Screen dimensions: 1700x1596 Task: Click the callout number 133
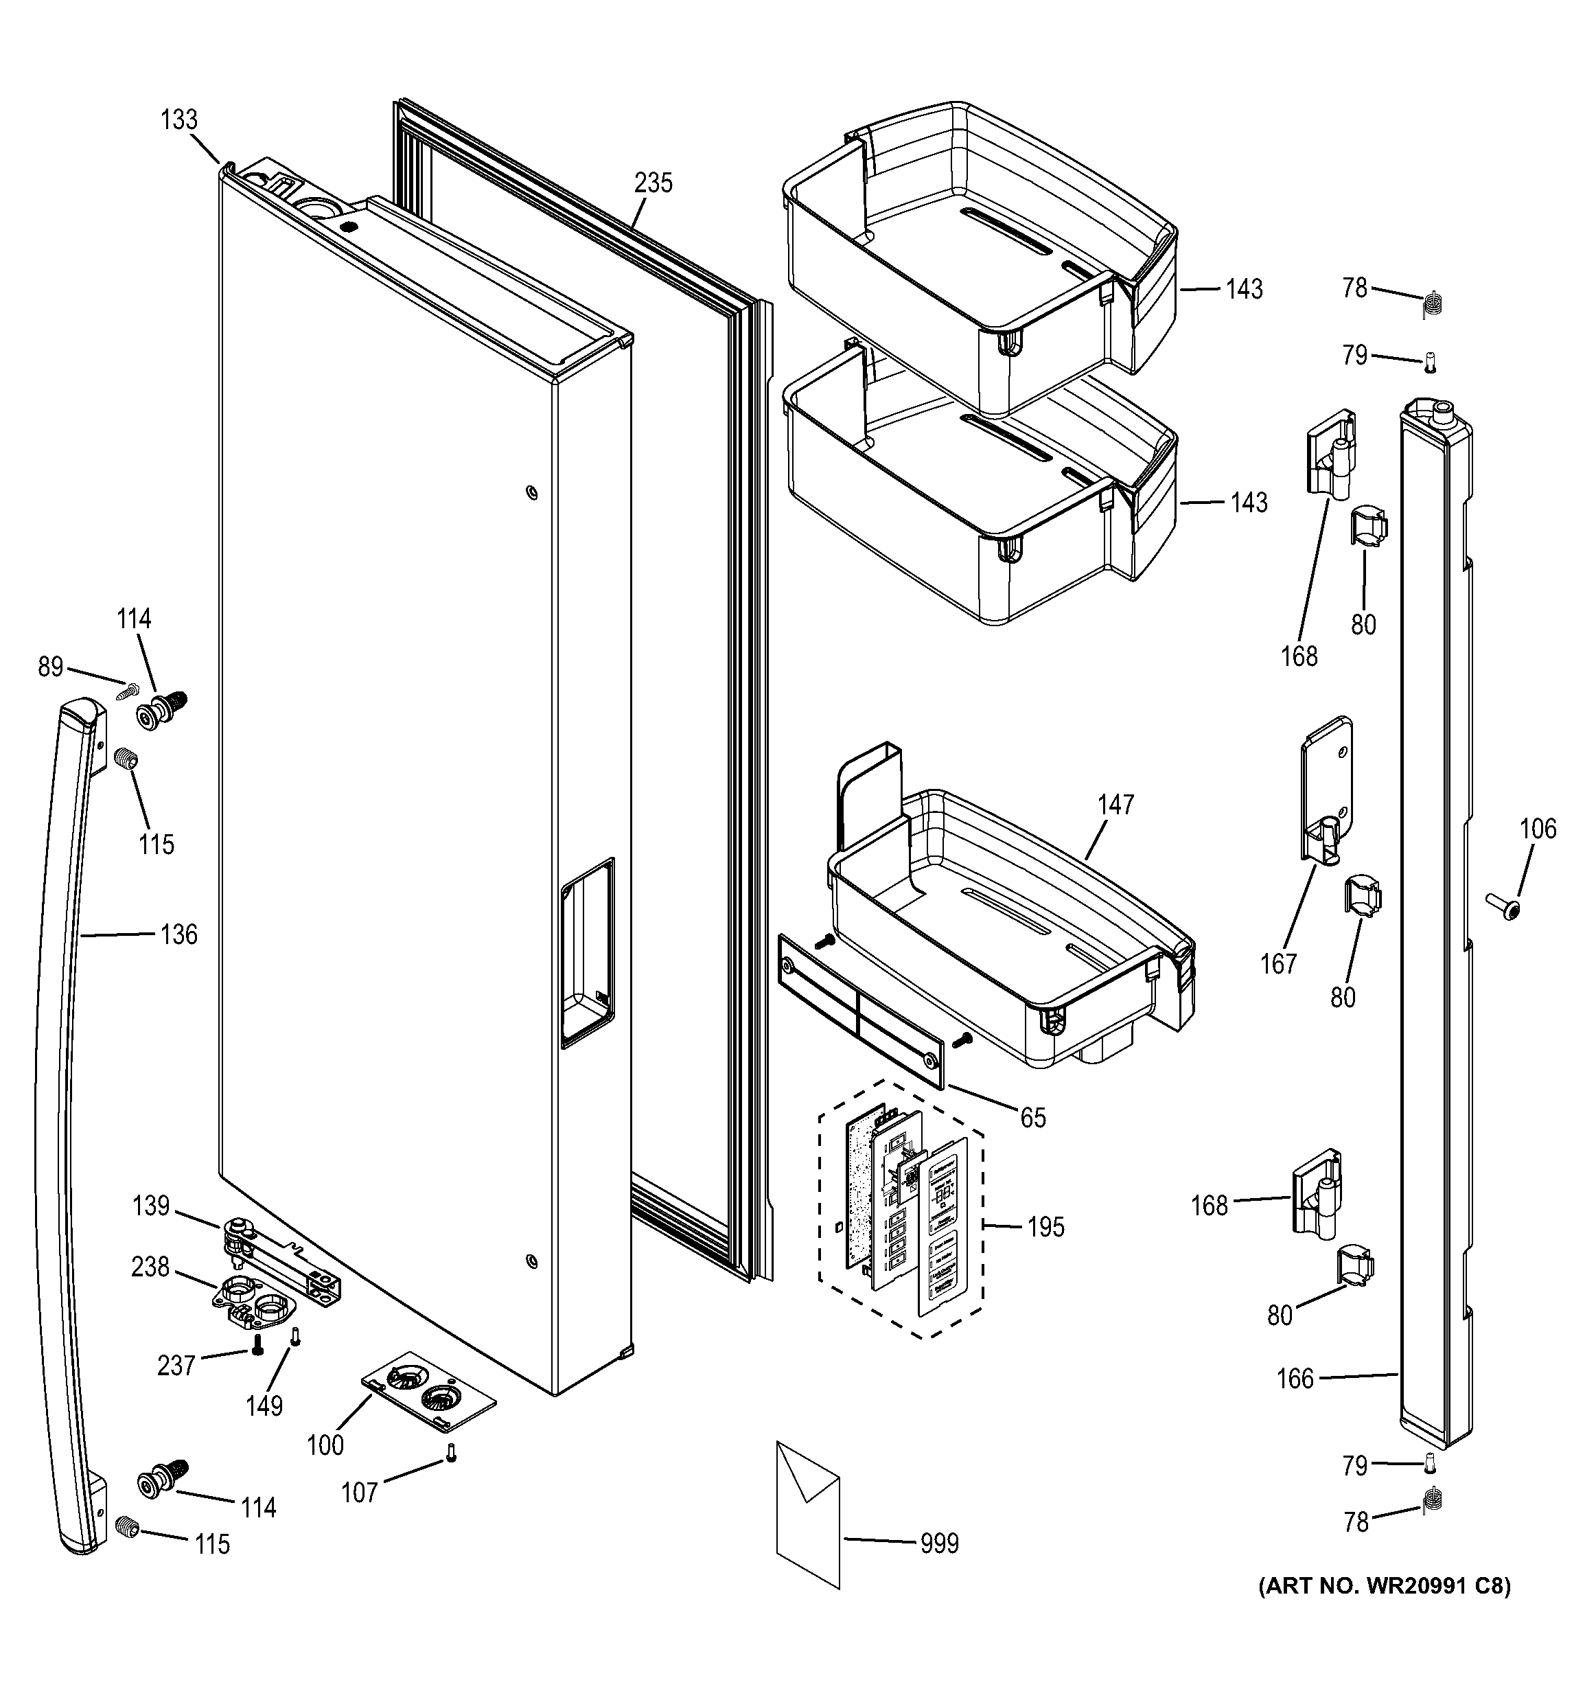point(178,119)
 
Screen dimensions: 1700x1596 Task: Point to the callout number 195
point(1045,1227)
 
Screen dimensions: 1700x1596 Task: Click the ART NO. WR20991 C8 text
point(1383,1586)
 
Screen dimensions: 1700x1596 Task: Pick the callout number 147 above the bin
point(1115,805)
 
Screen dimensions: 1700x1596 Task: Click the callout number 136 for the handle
point(178,934)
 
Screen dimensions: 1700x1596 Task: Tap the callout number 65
point(1032,1118)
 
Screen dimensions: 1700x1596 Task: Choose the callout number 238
point(150,1267)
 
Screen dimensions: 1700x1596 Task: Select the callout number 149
point(264,1406)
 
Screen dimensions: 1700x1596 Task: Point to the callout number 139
point(150,1206)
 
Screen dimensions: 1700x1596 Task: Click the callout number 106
point(1538,829)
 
